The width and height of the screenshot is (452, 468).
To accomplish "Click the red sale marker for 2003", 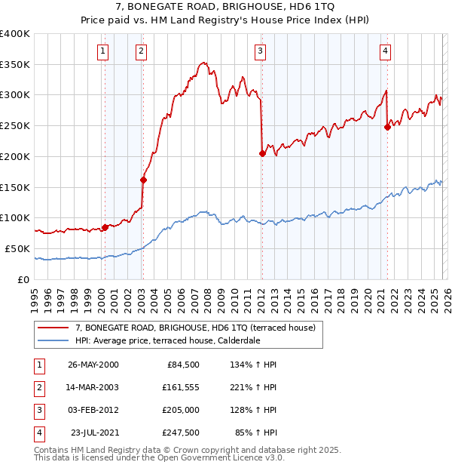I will (142, 180).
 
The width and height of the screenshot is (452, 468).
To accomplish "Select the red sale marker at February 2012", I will (262, 153).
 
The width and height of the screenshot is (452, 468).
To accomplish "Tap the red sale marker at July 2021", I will (387, 127).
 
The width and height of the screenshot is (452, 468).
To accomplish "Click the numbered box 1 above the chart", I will (102, 51).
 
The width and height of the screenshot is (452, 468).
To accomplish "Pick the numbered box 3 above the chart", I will (260, 51).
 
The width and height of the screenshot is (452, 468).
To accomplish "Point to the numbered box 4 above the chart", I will (385, 51).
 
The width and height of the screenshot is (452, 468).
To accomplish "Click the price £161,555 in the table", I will (179, 387).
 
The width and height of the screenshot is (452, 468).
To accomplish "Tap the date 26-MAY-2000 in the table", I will (93, 365).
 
